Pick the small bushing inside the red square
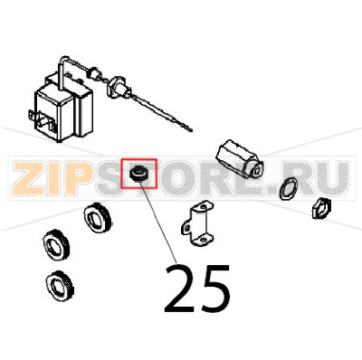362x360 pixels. (138, 173)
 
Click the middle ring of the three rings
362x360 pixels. (60, 243)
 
